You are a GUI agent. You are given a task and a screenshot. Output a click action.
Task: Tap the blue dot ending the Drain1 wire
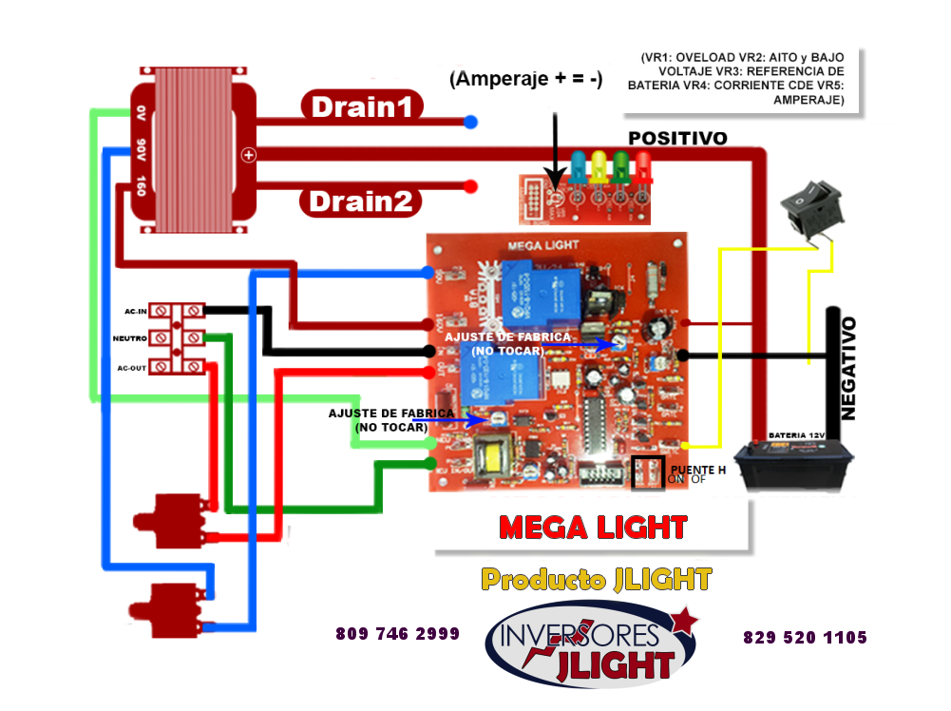point(470,122)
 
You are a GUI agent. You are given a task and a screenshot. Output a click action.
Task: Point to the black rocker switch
point(811,211)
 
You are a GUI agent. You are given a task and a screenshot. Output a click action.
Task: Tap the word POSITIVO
point(677,139)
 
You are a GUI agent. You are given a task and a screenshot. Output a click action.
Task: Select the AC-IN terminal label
point(135,312)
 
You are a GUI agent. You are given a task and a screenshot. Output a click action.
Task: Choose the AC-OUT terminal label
point(132,367)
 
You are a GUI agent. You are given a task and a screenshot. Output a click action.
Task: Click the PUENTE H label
point(697,470)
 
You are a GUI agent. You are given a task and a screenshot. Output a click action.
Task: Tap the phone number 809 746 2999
point(397,633)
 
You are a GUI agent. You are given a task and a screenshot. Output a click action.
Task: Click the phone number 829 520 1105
point(805,637)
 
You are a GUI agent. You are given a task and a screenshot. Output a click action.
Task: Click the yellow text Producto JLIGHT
point(595,578)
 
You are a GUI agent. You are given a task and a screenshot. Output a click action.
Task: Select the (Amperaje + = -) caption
point(525,80)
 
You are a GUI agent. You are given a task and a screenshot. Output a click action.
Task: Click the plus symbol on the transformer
point(248,155)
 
